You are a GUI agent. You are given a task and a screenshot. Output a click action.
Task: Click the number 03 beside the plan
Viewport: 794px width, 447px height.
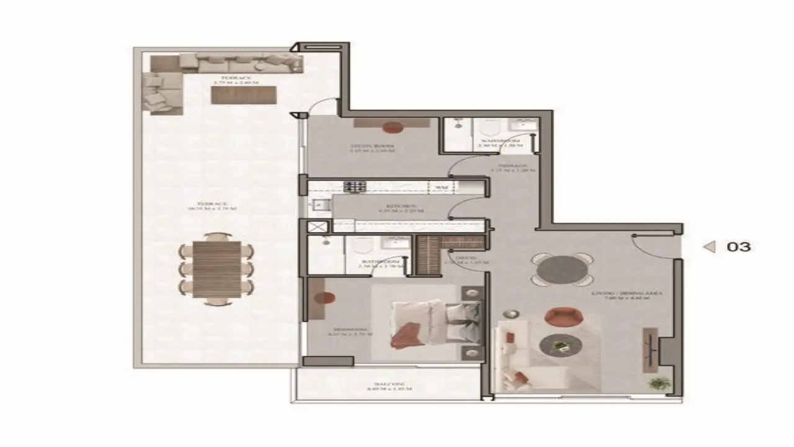pos(738,246)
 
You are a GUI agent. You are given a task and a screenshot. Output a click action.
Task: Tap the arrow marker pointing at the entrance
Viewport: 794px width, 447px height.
pos(709,247)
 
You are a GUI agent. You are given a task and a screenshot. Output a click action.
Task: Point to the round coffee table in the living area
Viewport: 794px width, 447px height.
pos(560,346)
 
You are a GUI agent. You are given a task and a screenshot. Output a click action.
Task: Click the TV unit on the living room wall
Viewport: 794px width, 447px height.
pos(650,349)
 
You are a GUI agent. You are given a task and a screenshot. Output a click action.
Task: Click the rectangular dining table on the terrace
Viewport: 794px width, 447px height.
pos(216,269)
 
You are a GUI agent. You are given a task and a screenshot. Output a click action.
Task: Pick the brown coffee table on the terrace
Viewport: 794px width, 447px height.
pos(243,95)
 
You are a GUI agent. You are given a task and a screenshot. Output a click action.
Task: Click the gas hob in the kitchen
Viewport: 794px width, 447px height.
pos(356,186)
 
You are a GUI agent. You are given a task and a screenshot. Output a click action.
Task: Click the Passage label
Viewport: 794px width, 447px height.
pos(512,167)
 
